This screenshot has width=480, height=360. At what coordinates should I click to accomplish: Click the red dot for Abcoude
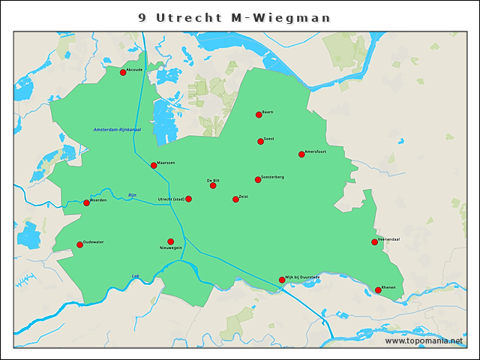pyautogui.click(x=123, y=72)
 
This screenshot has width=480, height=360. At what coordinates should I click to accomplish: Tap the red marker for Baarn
pyautogui.click(x=259, y=115)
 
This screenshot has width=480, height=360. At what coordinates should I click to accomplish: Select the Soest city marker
pyautogui.click(x=260, y=141)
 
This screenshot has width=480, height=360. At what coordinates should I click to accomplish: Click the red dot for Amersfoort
pyautogui.click(x=301, y=154)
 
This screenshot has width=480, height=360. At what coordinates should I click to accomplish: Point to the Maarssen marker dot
pyautogui.click(x=154, y=165)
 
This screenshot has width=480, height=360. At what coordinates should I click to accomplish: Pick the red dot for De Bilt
pyautogui.click(x=213, y=185)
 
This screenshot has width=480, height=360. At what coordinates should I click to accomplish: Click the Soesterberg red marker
pyautogui.click(x=258, y=179)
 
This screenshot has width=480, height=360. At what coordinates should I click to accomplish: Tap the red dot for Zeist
pyautogui.click(x=235, y=199)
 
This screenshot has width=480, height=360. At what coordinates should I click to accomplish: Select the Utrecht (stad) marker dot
pyautogui.click(x=188, y=199)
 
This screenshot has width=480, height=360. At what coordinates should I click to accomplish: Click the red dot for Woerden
pyautogui.click(x=86, y=202)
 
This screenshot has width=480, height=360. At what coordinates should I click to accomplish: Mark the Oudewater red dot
pyautogui.click(x=79, y=244)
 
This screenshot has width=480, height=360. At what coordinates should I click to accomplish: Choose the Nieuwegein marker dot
pyautogui.click(x=170, y=241)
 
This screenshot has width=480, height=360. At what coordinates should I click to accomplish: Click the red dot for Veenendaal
pyautogui.click(x=374, y=241)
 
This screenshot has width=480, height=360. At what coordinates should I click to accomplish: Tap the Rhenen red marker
pyautogui.click(x=378, y=290)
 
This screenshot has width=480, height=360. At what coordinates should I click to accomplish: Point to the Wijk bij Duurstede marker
pyautogui.click(x=282, y=280)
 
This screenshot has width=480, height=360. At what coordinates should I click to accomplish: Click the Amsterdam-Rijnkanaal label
pyautogui.click(x=118, y=130)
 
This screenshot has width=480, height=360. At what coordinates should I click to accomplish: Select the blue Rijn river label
pyautogui.click(x=133, y=194)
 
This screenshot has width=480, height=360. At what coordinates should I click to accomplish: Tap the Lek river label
pyautogui.click(x=136, y=275)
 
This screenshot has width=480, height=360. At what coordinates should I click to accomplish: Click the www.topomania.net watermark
pyautogui.click(x=424, y=340)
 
